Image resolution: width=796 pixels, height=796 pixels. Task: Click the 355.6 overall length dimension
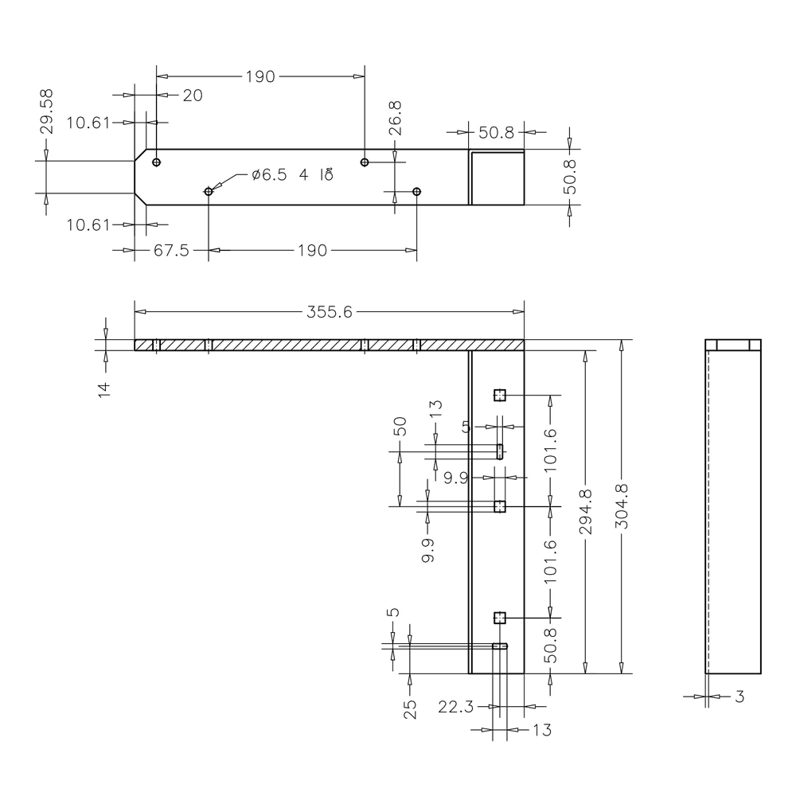point(329,312)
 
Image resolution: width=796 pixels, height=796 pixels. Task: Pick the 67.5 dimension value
point(170,251)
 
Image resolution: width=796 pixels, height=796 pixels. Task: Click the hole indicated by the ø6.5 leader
point(209,191)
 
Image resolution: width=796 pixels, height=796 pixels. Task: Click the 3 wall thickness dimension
point(739,697)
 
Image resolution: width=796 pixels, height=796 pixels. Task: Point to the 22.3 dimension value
point(457,706)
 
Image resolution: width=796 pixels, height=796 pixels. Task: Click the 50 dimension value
point(400,427)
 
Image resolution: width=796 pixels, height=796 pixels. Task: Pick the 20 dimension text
point(192,96)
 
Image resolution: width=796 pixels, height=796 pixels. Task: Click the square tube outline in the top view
point(497,178)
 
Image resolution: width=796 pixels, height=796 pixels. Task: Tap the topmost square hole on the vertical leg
point(500,395)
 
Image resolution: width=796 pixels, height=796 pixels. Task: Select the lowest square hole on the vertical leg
point(500,618)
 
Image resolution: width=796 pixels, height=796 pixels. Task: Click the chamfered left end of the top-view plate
point(139,177)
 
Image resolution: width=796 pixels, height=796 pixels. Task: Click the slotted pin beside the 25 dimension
point(500,646)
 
